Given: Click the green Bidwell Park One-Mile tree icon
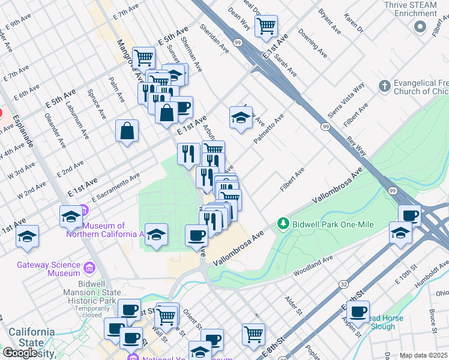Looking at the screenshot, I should pyautogui.click(x=283, y=224).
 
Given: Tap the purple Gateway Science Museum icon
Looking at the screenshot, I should pyautogui.click(x=89, y=267).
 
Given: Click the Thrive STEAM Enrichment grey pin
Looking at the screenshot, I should pyautogui.click(x=420, y=26).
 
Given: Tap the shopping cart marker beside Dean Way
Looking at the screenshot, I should pyautogui.click(x=265, y=26).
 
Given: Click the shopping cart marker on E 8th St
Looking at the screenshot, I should pyautogui.click(x=254, y=333).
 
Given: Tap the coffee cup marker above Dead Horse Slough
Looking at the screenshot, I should pyautogui.click(x=358, y=311).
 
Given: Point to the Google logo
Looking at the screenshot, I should pyautogui.click(x=20, y=352).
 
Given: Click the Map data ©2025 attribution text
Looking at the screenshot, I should pyautogui.click(x=423, y=355).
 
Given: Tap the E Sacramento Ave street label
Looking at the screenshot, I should pyautogui.click(x=115, y=187).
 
